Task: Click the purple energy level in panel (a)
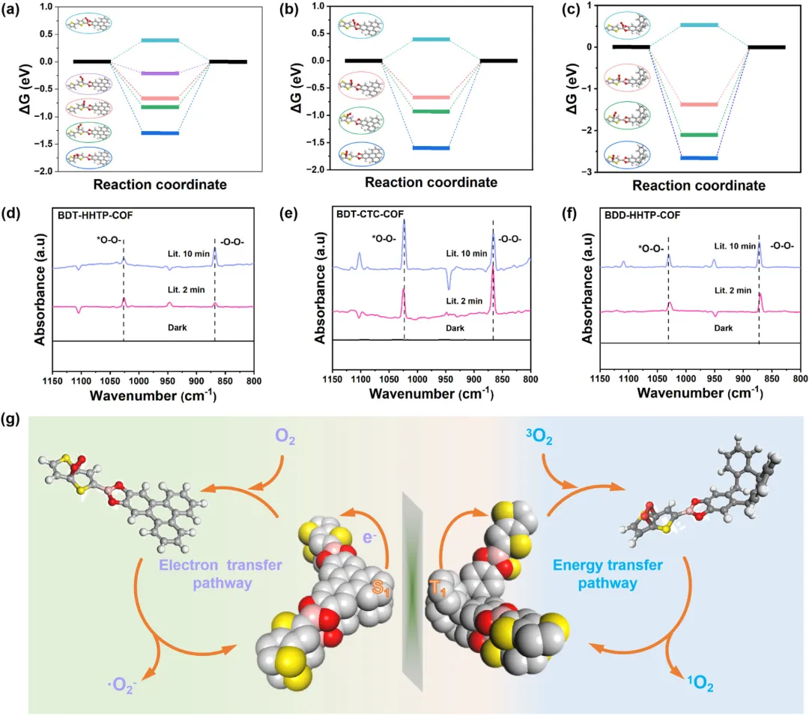160,73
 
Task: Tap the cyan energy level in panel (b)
431,39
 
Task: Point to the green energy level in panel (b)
431,112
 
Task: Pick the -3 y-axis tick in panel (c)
592,172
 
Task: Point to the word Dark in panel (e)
455,328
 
